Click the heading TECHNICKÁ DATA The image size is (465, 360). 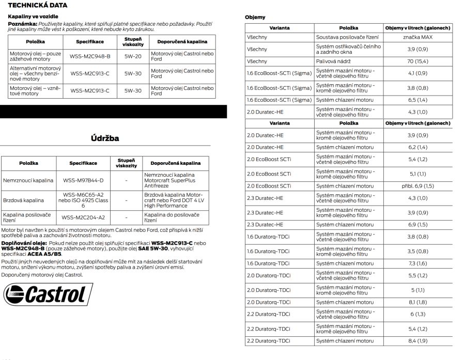point(38,5)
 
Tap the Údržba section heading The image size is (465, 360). point(105,138)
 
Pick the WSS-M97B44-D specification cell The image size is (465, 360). point(83,181)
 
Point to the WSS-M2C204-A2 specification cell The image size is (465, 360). point(83,217)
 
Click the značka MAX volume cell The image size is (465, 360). point(418,38)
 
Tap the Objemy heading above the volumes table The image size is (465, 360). point(255,17)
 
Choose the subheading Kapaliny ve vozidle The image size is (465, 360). point(33,17)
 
